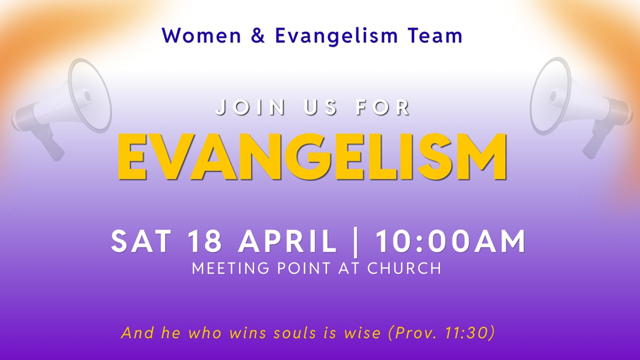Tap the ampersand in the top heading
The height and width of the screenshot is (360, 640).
coord(258,36)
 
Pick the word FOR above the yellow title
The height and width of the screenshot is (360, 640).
coord(383,107)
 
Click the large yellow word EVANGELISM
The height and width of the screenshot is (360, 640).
coord(312,156)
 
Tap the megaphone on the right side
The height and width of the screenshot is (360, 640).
coord(580,105)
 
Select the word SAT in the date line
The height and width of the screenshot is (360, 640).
coord(142,241)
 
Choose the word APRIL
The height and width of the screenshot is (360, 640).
coord(287,241)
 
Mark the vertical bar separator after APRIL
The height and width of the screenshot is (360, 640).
coord(356,242)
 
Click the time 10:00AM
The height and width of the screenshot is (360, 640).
coord(450,241)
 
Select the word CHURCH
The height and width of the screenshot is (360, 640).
coord(404,268)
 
